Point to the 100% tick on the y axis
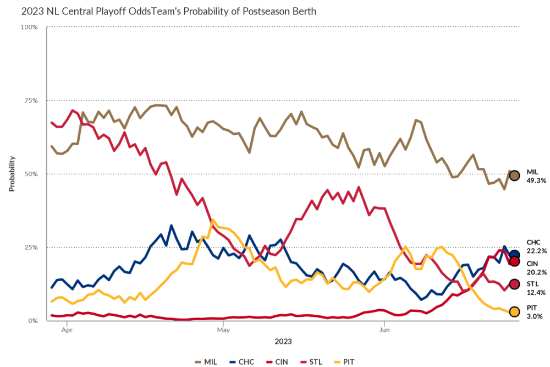click(x=29, y=27)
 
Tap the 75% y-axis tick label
click(x=30, y=101)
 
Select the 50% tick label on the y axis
click(x=30, y=174)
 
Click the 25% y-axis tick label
click(x=30, y=247)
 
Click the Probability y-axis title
click(x=12, y=174)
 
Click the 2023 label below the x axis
click(x=283, y=341)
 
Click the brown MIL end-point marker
click(x=514, y=176)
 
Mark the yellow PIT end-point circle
click(x=514, y=312)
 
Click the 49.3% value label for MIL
click(x=536, y=180)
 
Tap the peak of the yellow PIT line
click(x=213, y=220)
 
